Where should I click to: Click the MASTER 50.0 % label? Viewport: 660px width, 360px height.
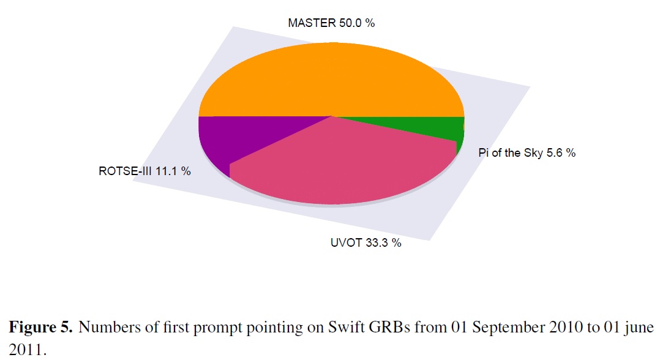click(331, 23)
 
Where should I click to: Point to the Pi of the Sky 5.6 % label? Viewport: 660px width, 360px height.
click(527, 153)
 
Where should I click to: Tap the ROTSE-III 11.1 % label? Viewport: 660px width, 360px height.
click(144, 171)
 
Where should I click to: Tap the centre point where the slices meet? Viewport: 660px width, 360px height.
click(331, 116)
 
